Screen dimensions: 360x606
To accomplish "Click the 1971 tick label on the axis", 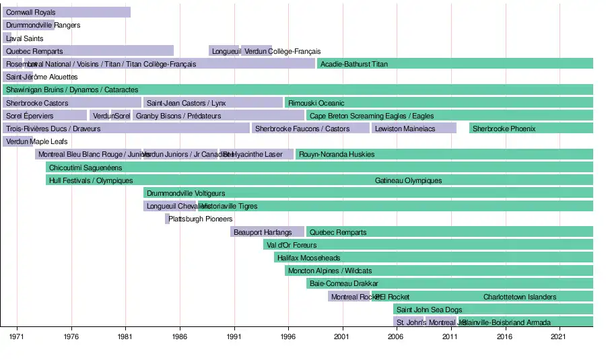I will (17, 336).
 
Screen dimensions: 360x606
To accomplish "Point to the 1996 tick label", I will (288, 336).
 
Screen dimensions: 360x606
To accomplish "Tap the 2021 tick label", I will (558, 336).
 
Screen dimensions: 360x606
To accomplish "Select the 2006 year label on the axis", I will (396, 336).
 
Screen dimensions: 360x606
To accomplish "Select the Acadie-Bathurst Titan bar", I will (454, 64).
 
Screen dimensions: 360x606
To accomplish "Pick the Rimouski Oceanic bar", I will (438, 103).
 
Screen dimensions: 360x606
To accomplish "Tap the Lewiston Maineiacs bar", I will (413, 129).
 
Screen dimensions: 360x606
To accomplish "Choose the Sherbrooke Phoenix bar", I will (531, 129).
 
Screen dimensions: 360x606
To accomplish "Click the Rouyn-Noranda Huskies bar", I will (444, 154).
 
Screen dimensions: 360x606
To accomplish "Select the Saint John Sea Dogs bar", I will (493, 310).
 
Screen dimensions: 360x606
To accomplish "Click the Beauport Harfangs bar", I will (267, 232).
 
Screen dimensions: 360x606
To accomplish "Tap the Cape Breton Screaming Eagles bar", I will (449, 116).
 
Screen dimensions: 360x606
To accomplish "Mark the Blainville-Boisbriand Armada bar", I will (526, 322).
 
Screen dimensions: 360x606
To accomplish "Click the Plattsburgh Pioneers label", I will (201, 219).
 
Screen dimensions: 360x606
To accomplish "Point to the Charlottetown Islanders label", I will (520, 297).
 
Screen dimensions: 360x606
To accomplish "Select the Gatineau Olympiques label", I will (409, 180).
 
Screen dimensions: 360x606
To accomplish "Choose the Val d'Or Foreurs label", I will (292, 245).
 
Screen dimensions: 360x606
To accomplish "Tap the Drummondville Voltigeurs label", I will (186, 193).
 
